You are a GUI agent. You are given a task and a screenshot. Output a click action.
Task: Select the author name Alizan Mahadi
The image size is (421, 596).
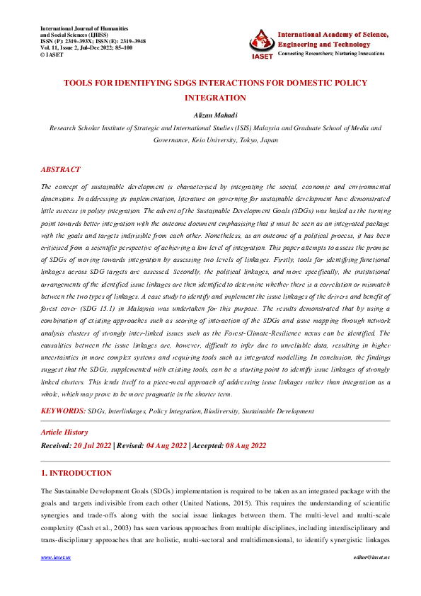click(x=210, y=114)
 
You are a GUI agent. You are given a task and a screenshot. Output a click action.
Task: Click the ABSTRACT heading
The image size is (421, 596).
click(x=60, y=170)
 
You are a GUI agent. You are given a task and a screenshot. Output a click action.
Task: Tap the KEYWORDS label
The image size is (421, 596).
click(x=63, y=411)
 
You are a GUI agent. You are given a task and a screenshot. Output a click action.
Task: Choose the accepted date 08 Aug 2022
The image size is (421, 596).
click(x=245, y=445)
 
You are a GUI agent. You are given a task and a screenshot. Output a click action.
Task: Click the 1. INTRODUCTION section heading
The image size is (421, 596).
click(x=76, y=473)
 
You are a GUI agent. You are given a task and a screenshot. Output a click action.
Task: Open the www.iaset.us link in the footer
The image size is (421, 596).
click(x=51, y=578)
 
